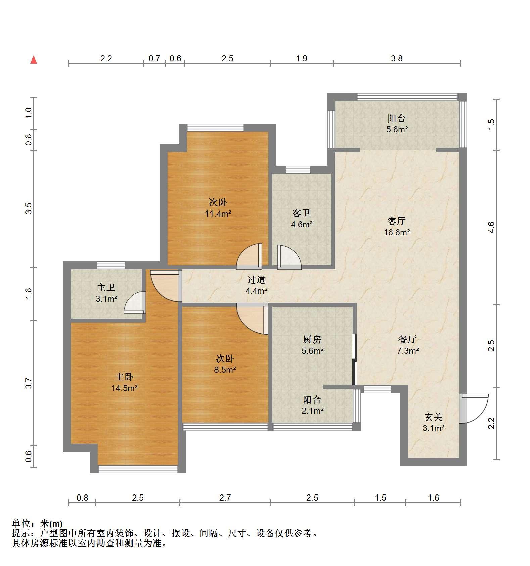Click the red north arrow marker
tap(34, 60)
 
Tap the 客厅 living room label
tap(397, 221)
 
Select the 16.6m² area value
tap(397, 232)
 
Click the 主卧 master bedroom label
tap(125, 377)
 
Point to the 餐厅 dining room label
tap(407, 339)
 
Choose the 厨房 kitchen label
tap(312, 339)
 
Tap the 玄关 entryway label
tap(434, 417)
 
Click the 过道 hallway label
tap(256, 279)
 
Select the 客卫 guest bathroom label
tap(301, 213)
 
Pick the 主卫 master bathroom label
tap(106, 287)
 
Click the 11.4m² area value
tap(218, 214)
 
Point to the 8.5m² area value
tap(225, 370)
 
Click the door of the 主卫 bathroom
tap(134, 302)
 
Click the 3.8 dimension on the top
tap(397, 59)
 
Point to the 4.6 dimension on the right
tap(491, 227)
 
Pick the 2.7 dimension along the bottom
tap(225, 497)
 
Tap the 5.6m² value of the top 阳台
tap(397, 129)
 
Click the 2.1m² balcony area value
tap(312, 410)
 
